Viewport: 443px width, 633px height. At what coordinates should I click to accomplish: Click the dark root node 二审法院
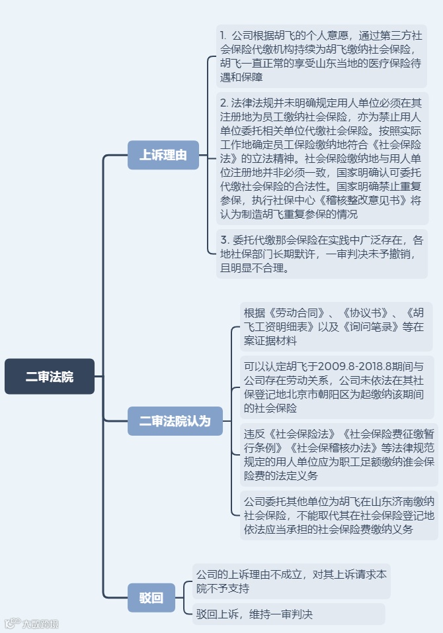50,377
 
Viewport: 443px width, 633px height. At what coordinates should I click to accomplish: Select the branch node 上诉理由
163,155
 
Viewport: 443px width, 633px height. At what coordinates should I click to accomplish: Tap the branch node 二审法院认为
175,420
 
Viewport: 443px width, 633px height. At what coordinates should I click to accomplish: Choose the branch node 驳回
151,597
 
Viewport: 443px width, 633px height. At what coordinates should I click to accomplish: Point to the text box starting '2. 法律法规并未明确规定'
321,159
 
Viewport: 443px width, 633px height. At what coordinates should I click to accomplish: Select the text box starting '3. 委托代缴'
321,254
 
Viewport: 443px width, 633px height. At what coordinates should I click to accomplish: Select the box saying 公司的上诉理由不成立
291,581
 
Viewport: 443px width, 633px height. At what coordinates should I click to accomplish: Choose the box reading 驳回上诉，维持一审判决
288,614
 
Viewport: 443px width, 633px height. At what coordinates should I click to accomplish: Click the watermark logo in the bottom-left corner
32,623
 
